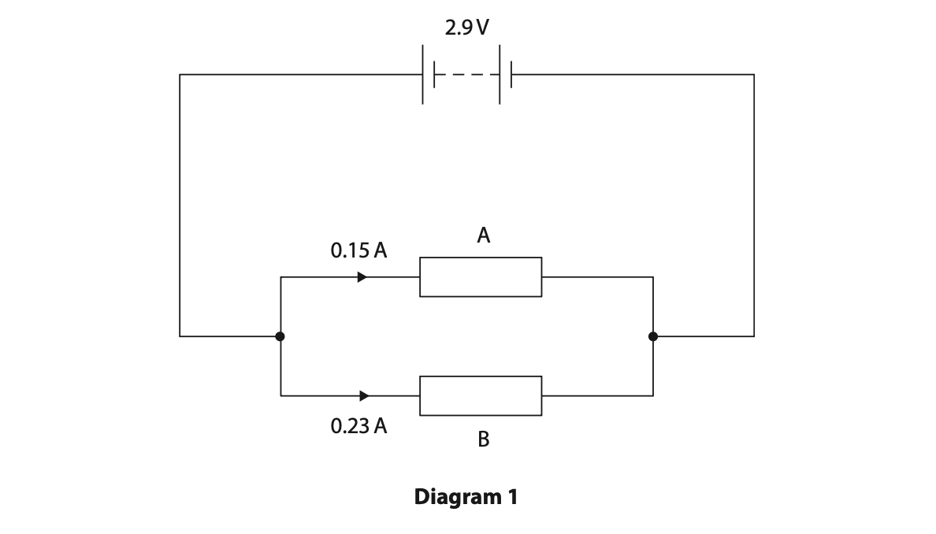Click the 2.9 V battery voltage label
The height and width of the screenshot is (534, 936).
[x=466, y=28]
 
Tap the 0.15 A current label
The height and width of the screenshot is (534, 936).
[x=358, y=250]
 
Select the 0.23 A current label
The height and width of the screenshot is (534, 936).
[x=358, y=426]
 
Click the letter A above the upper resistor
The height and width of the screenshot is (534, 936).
[x=483, y=235]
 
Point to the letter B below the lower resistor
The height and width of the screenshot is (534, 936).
[x=483, y=439]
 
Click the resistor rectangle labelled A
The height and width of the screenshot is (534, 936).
[x=481, y=277]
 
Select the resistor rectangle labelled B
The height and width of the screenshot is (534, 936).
[x=481, y=396]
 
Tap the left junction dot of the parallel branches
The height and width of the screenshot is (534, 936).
[x=280, y=336]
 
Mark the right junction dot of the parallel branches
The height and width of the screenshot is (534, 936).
[x=653, y=336]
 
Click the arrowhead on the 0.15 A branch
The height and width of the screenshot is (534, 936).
[x=362, y=277]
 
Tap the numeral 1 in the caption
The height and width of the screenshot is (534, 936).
[x=513, y=497]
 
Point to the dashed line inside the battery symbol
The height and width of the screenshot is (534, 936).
[x=466, y=75]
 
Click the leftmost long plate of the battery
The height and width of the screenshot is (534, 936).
[x=423, y=75]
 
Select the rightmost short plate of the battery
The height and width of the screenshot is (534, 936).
[x=511, y=75]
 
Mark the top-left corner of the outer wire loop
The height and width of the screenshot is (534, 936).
[x=180, y=75]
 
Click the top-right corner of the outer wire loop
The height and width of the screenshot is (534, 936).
[x=754, y=75]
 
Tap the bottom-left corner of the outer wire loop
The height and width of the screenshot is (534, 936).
[x=180, y=336]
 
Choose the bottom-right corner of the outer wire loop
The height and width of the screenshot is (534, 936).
[x=754, y=336]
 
